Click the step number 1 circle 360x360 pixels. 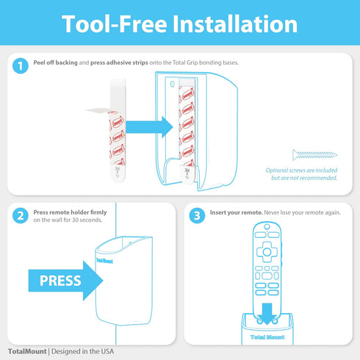point(21,65)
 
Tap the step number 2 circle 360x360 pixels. point(21,215)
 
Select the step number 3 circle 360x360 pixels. point(196,215)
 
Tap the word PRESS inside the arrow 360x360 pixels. point(60,281)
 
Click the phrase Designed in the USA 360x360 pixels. point(82,351)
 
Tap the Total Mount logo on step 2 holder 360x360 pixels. point(105,259)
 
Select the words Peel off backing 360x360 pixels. point(60,62)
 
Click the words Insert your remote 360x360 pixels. point(237,212)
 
